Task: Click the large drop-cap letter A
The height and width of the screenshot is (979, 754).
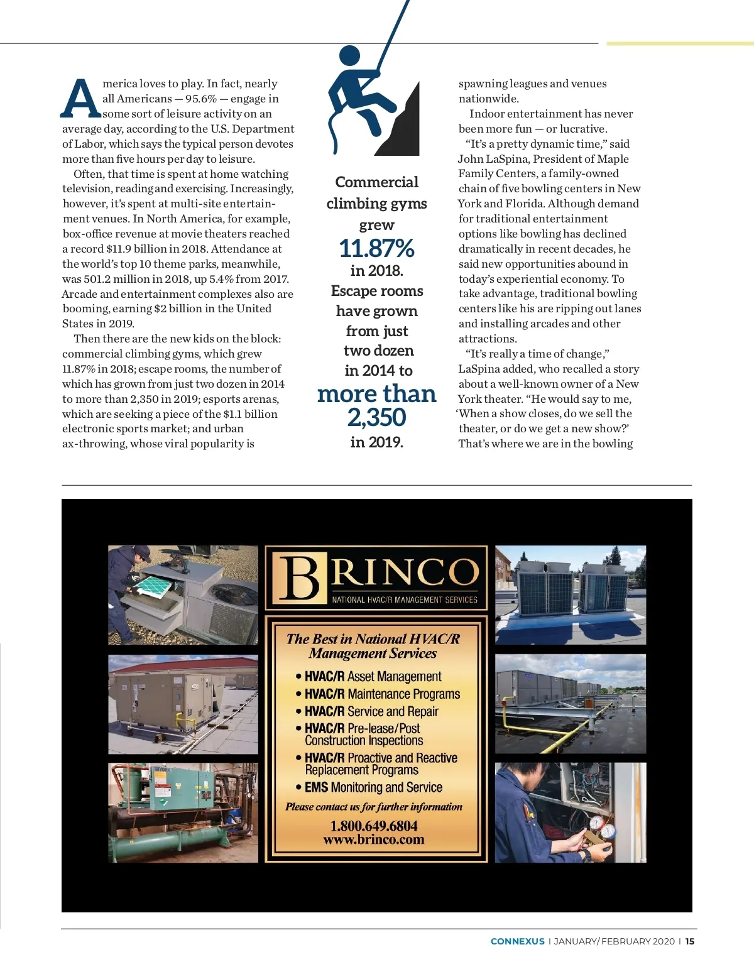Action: [81, 99]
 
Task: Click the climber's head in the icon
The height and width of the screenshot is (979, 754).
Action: [349, 56]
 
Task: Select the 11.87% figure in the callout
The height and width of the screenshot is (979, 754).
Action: [376, 249]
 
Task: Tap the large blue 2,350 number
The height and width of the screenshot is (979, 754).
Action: [376, 417]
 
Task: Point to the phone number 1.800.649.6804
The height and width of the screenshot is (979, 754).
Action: [374, 826]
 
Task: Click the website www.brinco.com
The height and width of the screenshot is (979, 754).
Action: [374, 840]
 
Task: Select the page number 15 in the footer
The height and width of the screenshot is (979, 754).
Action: [690, 941]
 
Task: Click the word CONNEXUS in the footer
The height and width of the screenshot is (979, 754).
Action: [517, 941]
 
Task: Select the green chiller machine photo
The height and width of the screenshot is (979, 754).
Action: [183, 812]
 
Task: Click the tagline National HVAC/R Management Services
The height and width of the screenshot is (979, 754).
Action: [405, 599]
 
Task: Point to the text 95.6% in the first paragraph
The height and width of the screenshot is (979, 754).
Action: [201, 99]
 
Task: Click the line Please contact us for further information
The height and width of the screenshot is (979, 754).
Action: [374, 807]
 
